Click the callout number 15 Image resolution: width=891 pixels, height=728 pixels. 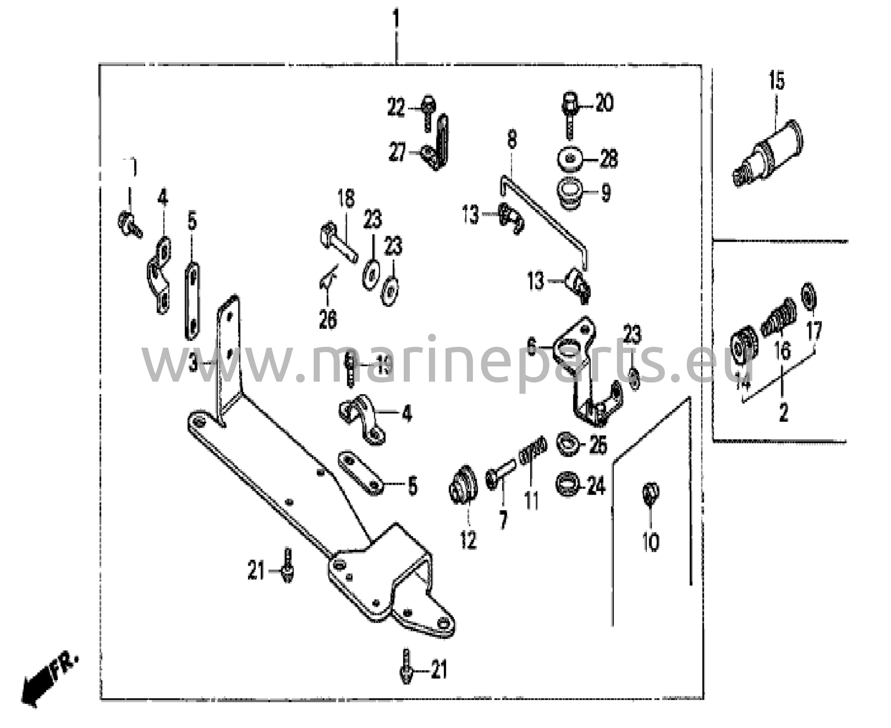777,81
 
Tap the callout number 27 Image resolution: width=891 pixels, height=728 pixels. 397,153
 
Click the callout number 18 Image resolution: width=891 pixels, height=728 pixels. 346,198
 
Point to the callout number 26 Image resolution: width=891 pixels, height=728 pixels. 328,320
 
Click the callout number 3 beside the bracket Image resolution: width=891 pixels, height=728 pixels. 193,363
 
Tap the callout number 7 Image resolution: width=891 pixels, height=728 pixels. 503,520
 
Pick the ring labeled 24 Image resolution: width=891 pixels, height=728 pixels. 567,485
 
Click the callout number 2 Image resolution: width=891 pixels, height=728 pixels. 783,413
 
